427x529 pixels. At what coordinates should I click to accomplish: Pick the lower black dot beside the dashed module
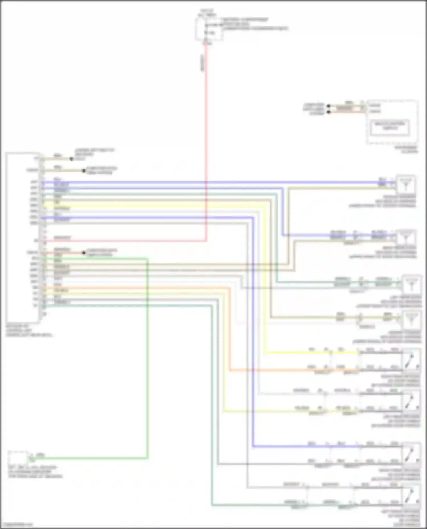click(x=329, y=112)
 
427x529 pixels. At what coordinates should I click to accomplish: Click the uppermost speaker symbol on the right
click(x=406, y=183)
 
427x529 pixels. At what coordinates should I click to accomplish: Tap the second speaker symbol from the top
click(x=406, y=238)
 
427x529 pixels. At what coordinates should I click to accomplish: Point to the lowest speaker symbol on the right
click(x=411, y=496)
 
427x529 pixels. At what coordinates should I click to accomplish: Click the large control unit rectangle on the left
click(x=22, y=237)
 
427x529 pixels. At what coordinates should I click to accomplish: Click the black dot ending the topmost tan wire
click(x=71, y=159)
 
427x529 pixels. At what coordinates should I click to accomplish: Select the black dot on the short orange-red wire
click(x=84, y=252)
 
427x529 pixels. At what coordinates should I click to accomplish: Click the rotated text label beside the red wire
click(x=203, y=63)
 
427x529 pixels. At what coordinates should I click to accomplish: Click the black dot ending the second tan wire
click(x=84, y=171)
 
